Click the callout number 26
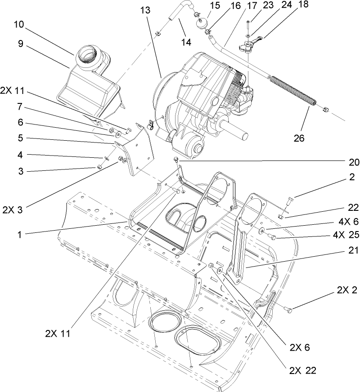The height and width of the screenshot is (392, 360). coord(298,138)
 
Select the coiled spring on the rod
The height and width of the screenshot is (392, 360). coord(293,92)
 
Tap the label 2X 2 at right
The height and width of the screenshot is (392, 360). coord(346,290)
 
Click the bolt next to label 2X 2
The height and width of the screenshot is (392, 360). coord(288,309)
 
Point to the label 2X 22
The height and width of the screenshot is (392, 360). coord(304,371)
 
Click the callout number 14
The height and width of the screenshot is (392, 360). coord(186,43)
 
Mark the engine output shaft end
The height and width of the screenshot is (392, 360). coord(245,134)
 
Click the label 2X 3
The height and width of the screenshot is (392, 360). coord(17,209)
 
